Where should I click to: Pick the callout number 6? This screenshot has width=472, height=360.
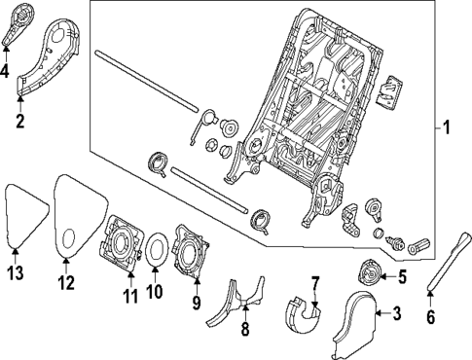(x=431, y=316)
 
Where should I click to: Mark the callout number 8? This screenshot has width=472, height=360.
(x=244, y=330)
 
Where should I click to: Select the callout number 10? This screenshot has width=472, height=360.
(x=152, y=291)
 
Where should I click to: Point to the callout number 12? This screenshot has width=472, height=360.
(x=66, y=283)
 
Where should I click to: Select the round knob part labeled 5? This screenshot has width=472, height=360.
(x=370, y=275)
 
